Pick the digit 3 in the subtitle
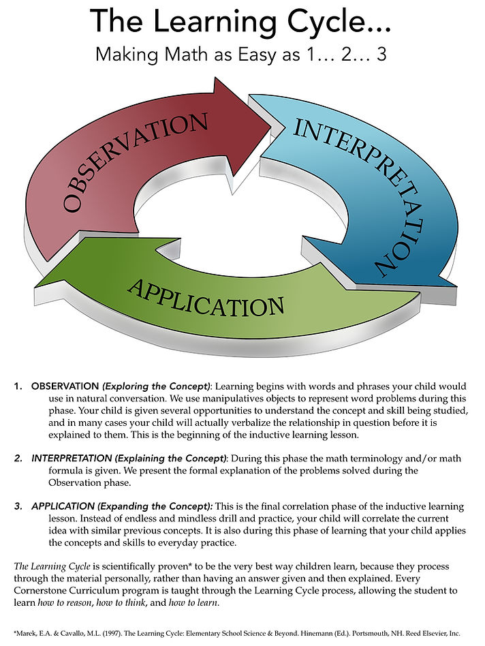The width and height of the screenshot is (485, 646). click(381, 55)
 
